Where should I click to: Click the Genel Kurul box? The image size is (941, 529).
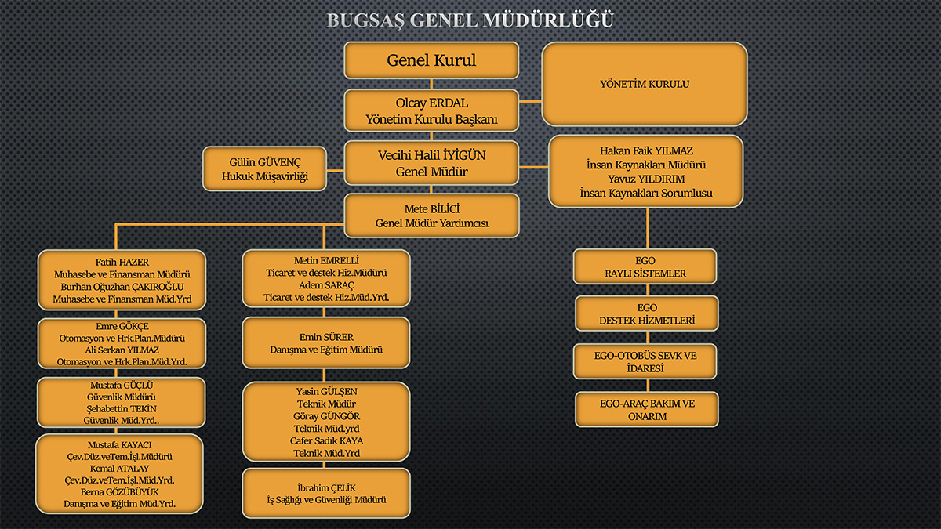pos(431,60)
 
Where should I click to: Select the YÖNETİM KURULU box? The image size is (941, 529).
pos(645,84)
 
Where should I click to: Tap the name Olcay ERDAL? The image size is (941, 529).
pos(431,103)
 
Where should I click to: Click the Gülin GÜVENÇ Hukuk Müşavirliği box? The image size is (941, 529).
pos(265,168)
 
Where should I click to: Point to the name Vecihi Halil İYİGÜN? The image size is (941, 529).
pos(431,155)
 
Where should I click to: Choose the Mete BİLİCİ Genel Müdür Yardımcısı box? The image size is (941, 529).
pos(431,216)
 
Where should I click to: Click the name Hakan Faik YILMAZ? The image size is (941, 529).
pos(646,150)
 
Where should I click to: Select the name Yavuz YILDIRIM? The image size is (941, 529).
pos(646,179)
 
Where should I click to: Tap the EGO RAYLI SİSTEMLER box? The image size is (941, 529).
pos(645,266)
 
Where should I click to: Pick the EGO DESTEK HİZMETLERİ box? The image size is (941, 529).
pos(646,313)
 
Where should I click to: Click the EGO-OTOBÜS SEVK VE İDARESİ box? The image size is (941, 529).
pos(645,361)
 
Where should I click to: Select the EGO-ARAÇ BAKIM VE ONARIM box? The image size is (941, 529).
pos(646,410)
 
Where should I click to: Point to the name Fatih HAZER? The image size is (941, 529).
pos(122,262)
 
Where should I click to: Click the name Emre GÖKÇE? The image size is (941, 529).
pos(122,326)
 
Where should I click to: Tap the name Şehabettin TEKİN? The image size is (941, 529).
pos(122,408)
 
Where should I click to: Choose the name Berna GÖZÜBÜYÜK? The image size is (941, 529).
pos(120,491)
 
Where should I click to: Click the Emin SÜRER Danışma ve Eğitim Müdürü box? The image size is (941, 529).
pos(326,343)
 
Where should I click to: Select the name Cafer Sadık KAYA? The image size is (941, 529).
pos(326,440)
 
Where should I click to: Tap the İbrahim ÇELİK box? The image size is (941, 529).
pos(326,493)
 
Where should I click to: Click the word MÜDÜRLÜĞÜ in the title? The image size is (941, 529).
pos(548,20)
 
